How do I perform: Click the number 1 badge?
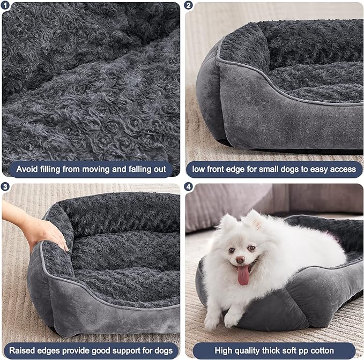pyautogui.click(x=6, y=5)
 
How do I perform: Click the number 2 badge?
pyautogui.click(x=189, y=5)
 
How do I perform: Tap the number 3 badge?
pyautogui.click(x=6, y=187)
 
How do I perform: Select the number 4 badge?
pyautogui.click(x=189, y=187)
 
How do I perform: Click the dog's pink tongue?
pyautogui.click(x=243, y=274)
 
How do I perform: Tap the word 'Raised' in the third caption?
pyautogui.click(x=23, y=351)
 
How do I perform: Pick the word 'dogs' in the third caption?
pyautogui.click(x=161, y=351)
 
